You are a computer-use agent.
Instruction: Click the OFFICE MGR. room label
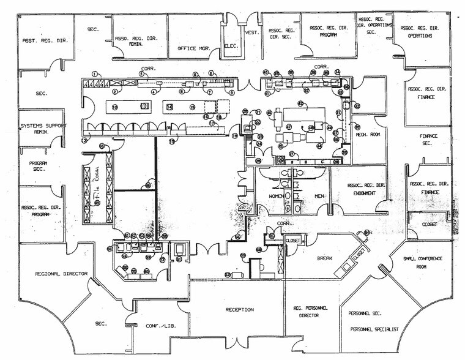point(194,47)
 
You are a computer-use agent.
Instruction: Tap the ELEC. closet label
point(231,45)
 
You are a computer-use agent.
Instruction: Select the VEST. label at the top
point(251,32)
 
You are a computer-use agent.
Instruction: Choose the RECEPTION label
point(239,310)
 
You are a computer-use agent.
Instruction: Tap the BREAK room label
point(324,258)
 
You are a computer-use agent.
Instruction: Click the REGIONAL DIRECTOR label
point(61,274)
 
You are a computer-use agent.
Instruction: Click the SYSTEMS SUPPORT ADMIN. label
point(42,129)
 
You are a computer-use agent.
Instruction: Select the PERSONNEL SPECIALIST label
point(374,329)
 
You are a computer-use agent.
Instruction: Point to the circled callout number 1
point(94,73)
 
